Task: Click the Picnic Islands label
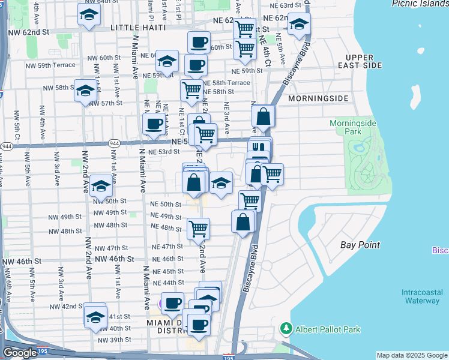420,4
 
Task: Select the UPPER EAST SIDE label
360,61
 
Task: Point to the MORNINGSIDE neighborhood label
318,98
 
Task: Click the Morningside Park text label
353,127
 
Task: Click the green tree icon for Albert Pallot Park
286,329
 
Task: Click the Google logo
20,353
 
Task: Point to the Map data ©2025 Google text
412,355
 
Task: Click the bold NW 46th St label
22,261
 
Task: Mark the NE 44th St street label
168,282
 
